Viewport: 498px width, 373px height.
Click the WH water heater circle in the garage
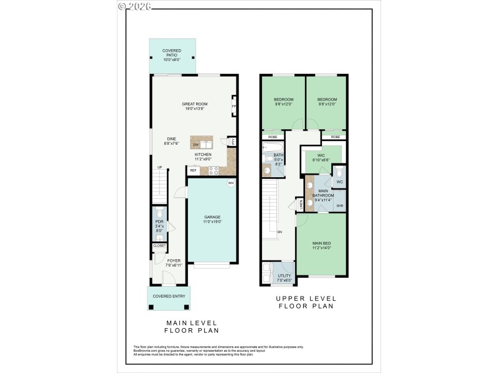tap(230, 183)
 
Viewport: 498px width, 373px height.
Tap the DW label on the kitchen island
tap(195, 144)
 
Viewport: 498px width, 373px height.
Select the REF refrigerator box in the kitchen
tap(193, 170)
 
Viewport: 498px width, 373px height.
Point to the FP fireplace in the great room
tap(234, 106)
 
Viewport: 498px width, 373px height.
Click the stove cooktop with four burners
tap(213, 170)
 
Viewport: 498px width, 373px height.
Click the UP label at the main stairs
tap(159, 167)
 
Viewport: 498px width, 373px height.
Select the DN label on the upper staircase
tap(280, 232)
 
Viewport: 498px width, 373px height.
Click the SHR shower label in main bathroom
tap(339, 206)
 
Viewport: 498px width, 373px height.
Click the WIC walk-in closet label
tap(321, 155)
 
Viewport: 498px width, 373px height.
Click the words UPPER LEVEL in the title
tap(305, 299)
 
